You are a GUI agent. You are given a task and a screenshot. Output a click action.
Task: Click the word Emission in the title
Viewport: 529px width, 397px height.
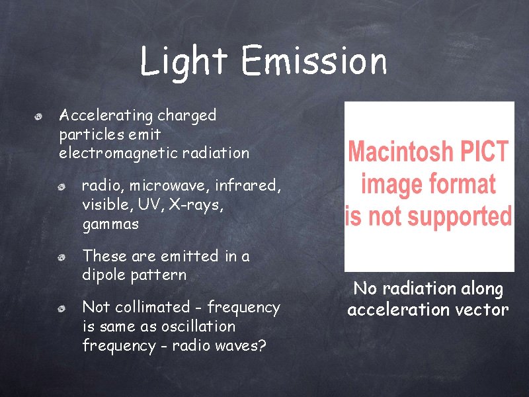[x=314, y=62]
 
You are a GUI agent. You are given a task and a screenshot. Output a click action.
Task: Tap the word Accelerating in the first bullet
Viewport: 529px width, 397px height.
[x=106, y=116]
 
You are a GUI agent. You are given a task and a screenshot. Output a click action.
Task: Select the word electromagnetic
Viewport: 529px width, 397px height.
[x=116, y=154]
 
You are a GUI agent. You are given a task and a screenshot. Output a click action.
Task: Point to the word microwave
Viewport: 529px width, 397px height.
[x=168, y=186]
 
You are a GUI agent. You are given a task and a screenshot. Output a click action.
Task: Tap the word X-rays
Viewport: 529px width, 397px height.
[x=196, y=205]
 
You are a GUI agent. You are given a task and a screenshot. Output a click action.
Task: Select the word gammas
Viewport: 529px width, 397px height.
[x=110, y=225]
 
